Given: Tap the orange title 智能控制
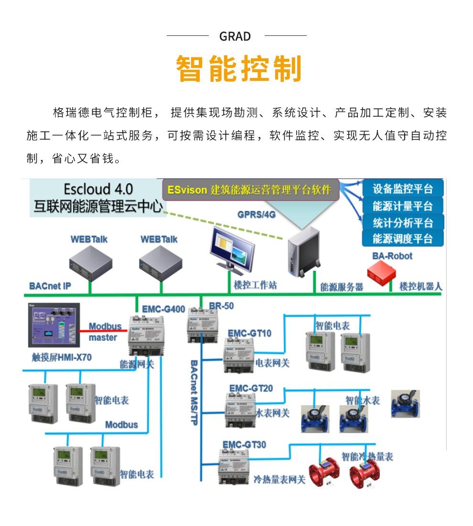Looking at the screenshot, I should (x=239, y=69).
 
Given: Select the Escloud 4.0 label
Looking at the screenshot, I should (x=98, y=188).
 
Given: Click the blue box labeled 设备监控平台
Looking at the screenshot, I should (x=402, y=188).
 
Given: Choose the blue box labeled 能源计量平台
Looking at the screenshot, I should (x=402, y=206).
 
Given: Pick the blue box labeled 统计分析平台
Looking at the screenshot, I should (x=402, y=222).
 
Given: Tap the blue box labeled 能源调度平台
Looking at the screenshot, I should (x=402, y=238).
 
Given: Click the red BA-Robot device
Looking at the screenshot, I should (x=382, y=274).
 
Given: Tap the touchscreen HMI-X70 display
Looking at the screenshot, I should (x=53, y=325).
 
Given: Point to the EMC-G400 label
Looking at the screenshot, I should (x=163, y=309).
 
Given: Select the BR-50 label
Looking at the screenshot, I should (x=221, y=306).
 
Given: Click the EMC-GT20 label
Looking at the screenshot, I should (x=251, y=388).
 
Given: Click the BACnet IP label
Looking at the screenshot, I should (x=50, y=286).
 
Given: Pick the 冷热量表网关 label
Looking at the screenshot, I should (x=279, y=479).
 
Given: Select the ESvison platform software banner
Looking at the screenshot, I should (x=249, y=190).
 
